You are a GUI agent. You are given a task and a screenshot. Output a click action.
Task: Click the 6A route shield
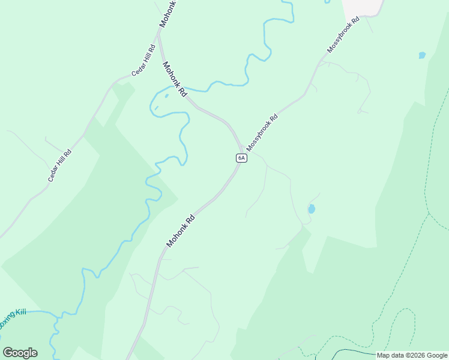[241, 158]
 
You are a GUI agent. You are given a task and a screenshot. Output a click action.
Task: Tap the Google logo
[20, 353]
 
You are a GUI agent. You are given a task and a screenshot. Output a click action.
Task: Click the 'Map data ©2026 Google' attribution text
[412, 355]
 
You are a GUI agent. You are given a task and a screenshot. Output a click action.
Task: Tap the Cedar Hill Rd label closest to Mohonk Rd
[144, 60]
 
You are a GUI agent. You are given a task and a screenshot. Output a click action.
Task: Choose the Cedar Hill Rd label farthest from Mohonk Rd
[60, 166]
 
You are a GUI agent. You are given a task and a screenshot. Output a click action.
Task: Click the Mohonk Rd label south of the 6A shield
[181, 230]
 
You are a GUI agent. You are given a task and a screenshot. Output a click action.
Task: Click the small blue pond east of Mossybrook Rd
[422, 55]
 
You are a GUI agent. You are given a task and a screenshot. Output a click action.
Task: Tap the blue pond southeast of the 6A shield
[311, 209]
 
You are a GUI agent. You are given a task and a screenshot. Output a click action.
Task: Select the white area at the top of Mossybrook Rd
[363, 7]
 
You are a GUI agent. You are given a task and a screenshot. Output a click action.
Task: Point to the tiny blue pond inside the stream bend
[166, 95]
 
